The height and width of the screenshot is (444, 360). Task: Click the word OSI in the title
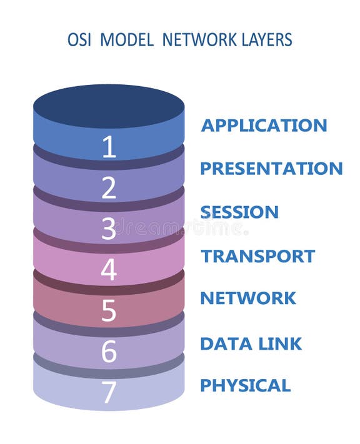coord(79,40)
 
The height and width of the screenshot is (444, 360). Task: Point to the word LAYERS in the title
coord(263,40)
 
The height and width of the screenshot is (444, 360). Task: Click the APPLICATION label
coord(264,126)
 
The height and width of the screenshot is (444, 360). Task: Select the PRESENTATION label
coord(271,169)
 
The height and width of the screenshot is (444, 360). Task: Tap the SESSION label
coord(240,212)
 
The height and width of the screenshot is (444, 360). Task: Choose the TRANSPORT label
coord(257,256)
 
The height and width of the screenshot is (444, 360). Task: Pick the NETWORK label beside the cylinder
coord(248,298)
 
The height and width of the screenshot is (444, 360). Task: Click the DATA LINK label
coord(251,343)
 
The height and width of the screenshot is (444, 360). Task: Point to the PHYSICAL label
coord(245,385)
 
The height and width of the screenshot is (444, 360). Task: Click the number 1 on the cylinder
coord(109,147)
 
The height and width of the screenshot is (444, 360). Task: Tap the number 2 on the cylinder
coord(109,188)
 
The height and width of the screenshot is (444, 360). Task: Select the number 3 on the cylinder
coord(109,229)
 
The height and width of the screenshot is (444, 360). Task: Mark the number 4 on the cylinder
coord(109,270)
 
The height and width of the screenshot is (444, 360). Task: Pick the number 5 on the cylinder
coord(109,310)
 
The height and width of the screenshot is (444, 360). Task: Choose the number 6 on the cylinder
coord(109,352)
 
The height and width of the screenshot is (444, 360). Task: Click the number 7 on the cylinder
coord(109,392)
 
